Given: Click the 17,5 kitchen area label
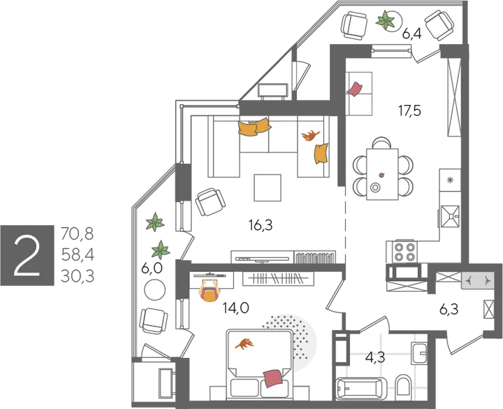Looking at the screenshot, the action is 409,110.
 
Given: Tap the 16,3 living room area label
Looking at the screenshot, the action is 261,225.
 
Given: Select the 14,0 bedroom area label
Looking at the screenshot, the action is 236,308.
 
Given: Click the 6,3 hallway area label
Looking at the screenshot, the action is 449,310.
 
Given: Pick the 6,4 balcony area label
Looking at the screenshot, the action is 411,34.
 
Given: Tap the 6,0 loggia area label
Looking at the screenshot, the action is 152,268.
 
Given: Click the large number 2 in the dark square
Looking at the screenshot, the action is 27,256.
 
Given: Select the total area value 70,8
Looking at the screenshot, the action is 77,234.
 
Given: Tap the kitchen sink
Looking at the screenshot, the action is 450,217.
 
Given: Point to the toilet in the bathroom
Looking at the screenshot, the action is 403,385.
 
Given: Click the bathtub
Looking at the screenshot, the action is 362,389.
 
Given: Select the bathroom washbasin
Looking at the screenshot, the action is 418,353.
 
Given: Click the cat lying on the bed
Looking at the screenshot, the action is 245,343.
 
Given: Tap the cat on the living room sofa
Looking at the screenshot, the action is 310,136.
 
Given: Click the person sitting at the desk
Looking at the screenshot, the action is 209,291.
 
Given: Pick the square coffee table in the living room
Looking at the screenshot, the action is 268,188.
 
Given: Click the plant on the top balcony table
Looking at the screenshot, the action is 385,20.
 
